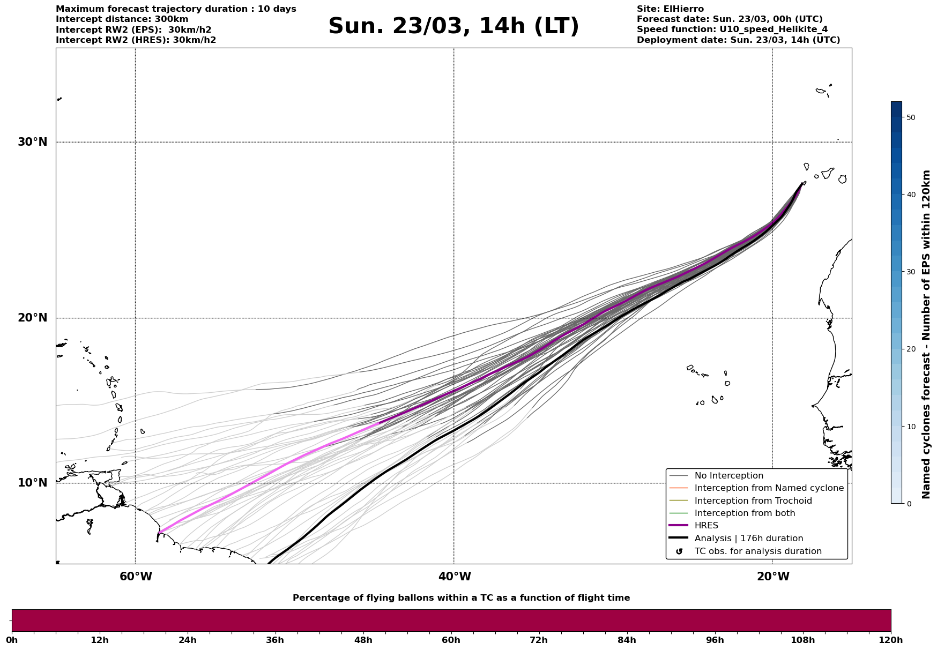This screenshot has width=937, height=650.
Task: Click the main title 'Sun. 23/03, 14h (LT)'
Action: point(453,26)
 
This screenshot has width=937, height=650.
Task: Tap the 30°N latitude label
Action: point(32,142)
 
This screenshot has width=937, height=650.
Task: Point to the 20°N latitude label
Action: point(32,318)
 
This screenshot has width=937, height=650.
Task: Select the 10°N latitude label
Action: point(32,483)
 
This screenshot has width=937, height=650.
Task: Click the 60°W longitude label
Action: point(136,577)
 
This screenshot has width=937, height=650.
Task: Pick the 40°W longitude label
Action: point(455,577)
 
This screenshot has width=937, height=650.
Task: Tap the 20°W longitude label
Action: point(773,577)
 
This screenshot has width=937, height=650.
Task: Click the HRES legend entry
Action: point(706,526)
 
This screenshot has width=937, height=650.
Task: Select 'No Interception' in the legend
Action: point(728,476)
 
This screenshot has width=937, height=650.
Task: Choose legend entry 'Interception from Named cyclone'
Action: point(769,488)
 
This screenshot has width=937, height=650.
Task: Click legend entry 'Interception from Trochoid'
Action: point(753,501)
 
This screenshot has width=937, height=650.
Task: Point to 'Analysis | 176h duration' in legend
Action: point(748,539)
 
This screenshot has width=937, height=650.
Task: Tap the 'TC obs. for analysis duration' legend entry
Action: point(757,551)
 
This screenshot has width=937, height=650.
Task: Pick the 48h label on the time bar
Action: point(363,640)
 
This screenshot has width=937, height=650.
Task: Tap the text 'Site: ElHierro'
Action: point(670,9)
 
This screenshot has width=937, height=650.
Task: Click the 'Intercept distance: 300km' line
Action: point(122,19)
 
